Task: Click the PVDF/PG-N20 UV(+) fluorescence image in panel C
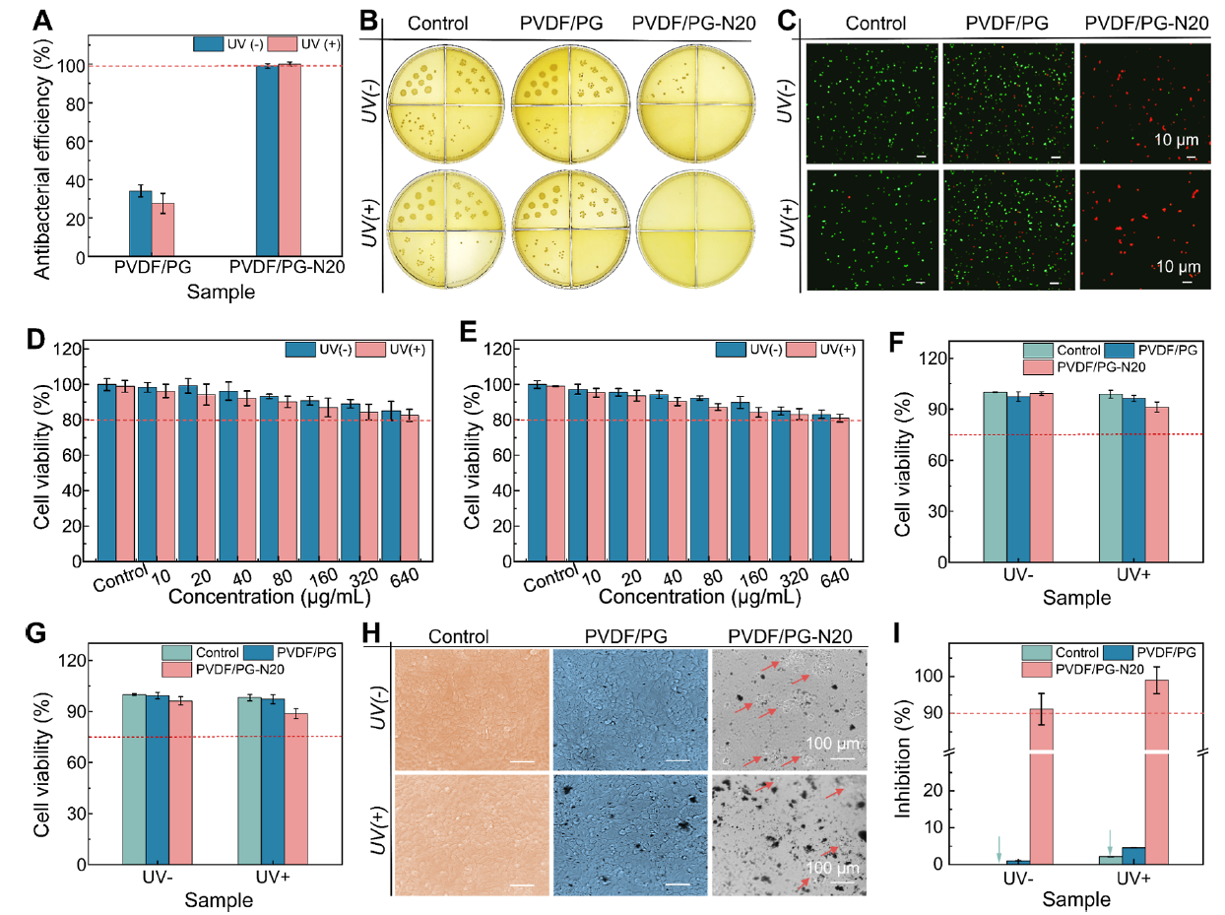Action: point(1144,229)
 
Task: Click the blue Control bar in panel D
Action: point(105,473)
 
